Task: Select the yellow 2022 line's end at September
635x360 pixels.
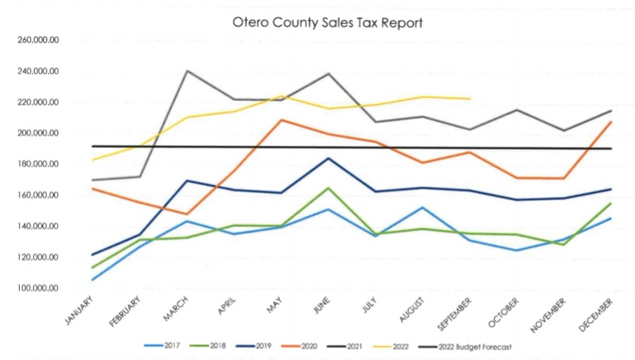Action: [x=470, y=99]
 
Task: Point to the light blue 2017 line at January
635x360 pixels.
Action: [x=92, y=280]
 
